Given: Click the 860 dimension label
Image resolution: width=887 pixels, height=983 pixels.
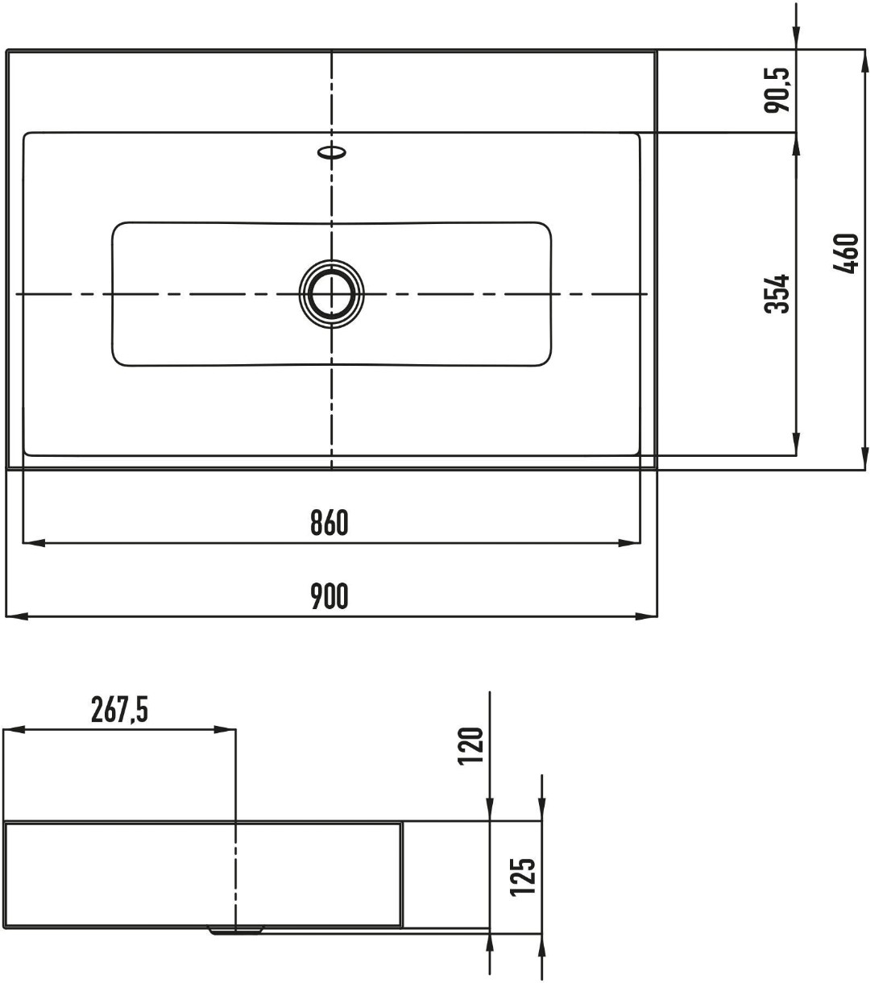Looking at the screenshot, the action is click(x=330, y=523).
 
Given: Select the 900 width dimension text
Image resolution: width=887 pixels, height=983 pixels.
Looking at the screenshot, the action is click(x=330, y=596).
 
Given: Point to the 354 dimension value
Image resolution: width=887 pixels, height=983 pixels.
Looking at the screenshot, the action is click(x=777, y=294).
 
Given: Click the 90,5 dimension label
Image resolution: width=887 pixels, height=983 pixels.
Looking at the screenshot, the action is click(x=777, y=90).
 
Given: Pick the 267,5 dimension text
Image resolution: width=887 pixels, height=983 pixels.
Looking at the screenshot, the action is click(x=119, y=710).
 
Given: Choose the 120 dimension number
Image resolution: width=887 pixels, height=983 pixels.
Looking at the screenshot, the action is click(x=470, y=746).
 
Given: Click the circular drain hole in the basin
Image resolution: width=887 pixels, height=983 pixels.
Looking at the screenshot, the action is click(x=332, y=294).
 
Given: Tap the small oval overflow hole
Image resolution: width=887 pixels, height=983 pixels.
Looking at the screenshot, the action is click(x=332, y=152).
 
